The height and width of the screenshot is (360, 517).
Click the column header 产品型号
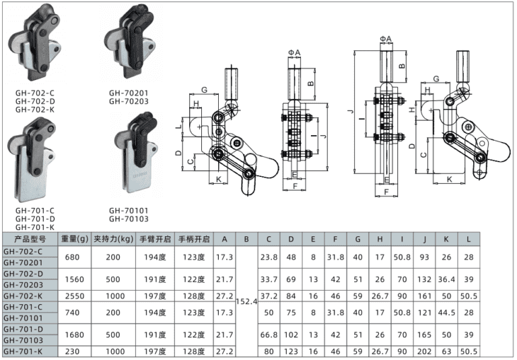(x=29, y=238)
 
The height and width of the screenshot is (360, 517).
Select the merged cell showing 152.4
(x=246, y=301)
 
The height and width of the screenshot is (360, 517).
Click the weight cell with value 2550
(x=75, y=295)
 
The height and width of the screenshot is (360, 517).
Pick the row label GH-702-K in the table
(x=24, y=295)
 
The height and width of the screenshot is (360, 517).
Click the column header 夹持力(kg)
(x=113, y=238)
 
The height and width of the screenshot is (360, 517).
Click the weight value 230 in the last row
(x=75, y=351)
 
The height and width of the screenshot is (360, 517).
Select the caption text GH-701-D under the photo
(x=34, y=218)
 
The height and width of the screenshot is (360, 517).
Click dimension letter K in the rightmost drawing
(x=449, y=180)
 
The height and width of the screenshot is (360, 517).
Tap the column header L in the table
(x=469, y=238)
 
